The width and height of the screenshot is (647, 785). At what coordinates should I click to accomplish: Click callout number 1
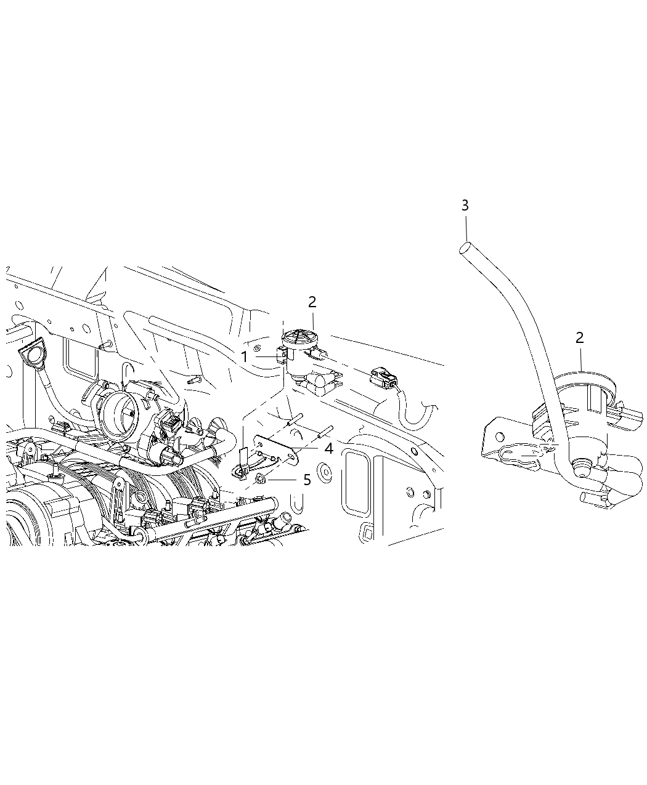[x=244, y=356]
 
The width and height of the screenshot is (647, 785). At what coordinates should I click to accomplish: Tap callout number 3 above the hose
[x=465, y=205]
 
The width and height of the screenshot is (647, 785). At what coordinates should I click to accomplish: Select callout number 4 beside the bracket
[x=328, y=449]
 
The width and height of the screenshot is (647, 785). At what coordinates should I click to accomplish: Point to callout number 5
[x=307, y=479]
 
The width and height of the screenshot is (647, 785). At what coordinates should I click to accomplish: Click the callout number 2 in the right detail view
[x=579, y=337]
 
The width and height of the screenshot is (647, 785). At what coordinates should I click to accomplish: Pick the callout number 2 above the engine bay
[x=312, y=302]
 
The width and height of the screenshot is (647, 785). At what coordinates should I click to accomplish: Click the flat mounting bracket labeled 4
[x=277, y=448]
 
